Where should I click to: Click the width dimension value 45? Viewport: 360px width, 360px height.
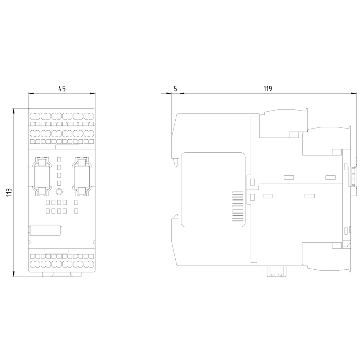[62, 89]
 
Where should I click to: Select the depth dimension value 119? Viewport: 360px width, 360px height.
[268, 89]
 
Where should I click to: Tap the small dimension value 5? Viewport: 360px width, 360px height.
[175, 89]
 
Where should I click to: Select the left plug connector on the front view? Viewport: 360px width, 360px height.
[42, 176]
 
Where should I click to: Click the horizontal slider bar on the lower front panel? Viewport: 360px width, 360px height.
[46, 230]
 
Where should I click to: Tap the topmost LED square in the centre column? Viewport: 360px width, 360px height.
[59, 159]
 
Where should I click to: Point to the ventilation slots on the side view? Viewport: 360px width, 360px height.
[238, 206]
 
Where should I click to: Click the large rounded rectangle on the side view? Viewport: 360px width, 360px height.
[213, 190]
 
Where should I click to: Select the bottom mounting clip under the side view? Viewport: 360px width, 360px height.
[276, 271]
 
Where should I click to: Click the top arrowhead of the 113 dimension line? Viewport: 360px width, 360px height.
[14, 111]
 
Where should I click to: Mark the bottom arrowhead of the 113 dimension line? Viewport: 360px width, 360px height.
[14, 274]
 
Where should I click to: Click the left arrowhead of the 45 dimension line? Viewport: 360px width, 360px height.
[31, 94]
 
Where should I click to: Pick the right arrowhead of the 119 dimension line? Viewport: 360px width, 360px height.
[354, 94]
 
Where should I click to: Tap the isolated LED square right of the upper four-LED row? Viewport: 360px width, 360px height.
[76, 202]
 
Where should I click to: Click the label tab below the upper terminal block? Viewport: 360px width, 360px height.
[67, 147]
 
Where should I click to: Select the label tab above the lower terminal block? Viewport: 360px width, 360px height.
[57, 251]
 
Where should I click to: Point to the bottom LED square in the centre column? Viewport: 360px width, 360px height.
[59, 183]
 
